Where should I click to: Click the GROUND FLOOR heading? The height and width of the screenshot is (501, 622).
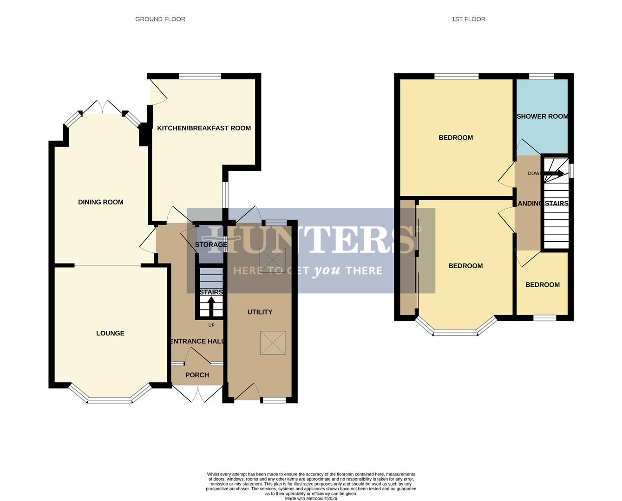(160, 19)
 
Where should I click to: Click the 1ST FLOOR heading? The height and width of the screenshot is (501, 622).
(468, 19)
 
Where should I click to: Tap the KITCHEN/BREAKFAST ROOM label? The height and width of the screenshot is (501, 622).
(204, 128)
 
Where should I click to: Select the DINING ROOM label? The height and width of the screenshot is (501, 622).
(101, 202)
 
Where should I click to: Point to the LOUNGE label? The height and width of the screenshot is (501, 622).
(110, 333)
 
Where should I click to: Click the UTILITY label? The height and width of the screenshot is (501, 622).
(260, 312)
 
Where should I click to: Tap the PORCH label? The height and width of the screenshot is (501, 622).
(197, 375)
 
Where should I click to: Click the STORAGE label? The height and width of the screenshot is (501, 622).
(211, 244)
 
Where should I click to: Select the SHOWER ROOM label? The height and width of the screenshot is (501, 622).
(542, 116)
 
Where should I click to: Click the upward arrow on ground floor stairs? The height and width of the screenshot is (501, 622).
(211, 306)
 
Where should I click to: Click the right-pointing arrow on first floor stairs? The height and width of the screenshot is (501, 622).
(555, 173)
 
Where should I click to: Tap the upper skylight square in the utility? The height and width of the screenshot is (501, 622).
(273, 260)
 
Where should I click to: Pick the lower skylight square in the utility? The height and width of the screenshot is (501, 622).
(273, 343)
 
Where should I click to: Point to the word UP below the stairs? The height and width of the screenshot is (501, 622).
(211, 325)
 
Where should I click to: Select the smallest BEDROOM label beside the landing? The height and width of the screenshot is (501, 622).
(542, 285)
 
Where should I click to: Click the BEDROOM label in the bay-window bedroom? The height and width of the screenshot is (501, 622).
(465, 266)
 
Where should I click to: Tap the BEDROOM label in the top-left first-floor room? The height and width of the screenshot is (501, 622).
(455, 137)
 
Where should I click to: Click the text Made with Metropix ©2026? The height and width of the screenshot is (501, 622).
(311, 498)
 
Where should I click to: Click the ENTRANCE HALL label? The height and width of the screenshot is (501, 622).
(197, 341)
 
